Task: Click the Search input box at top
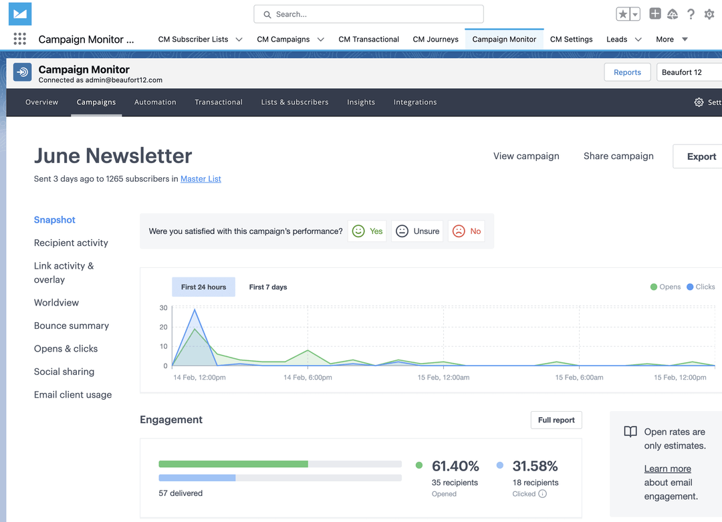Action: click(x=368, y=14)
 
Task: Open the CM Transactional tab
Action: click(x=368, y=39)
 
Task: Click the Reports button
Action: click(x=627, y=72)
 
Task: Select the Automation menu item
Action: click(x=155, y=102)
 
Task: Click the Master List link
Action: click(x=201, y=179)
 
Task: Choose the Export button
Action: click(x=701, y=156)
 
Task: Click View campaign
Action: click(x=526, y=156)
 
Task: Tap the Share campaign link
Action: click(x=618, y=156)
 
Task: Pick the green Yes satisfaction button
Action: click(x=367, y=231)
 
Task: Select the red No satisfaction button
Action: click(x=467, y=231)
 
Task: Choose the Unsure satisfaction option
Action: click(x=418, y=231)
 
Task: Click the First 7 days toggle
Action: click(x=268, y=287)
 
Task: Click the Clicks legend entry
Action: click(x=701, y=287)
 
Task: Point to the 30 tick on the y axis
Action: click(x=163, y=308)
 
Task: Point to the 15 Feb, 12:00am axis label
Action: click(x=443, y=378)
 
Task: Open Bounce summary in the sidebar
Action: click(x=72, y=326)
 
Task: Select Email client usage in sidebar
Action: click(x=73, y=395)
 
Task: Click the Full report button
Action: click(x=556, y=420)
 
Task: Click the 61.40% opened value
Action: click(x=455, y=466)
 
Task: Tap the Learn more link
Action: click(x=667, y=469)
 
